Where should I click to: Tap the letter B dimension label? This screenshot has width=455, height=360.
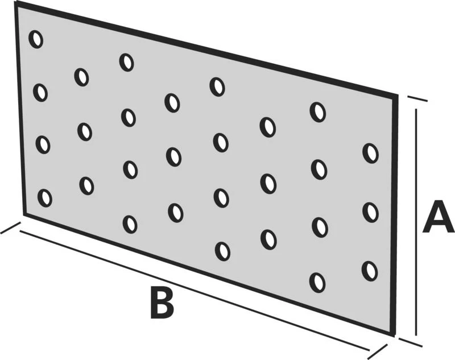pos(162,301)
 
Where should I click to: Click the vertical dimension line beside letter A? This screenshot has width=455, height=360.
pos(416,222)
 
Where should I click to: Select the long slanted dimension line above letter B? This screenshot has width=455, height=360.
pos(195,291)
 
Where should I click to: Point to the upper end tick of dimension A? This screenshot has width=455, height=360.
pos(417,98)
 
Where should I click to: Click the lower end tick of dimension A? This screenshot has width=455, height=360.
pos(410,342)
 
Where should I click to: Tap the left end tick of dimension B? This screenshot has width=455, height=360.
pos(10,227)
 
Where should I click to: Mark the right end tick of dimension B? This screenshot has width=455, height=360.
pos(378,351)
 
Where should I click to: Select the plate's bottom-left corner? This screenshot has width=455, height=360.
pos(24,215)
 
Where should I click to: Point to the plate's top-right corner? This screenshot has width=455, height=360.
pos(396,96)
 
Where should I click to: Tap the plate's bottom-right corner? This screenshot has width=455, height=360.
pos(394,336)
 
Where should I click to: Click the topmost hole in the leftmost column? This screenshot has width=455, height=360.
pos(36,39)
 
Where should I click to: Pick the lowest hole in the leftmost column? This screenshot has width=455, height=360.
pos(45,198)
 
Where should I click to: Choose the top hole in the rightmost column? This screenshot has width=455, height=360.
pos(371,153)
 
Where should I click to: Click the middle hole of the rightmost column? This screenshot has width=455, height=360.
pos(371,213)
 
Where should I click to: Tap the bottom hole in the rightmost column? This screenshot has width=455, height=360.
pos(370,271)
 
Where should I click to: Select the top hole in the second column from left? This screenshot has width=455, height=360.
pos(81,77)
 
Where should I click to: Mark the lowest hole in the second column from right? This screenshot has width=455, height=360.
pos(317,283)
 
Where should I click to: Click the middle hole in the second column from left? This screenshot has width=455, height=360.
pos(85,132)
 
